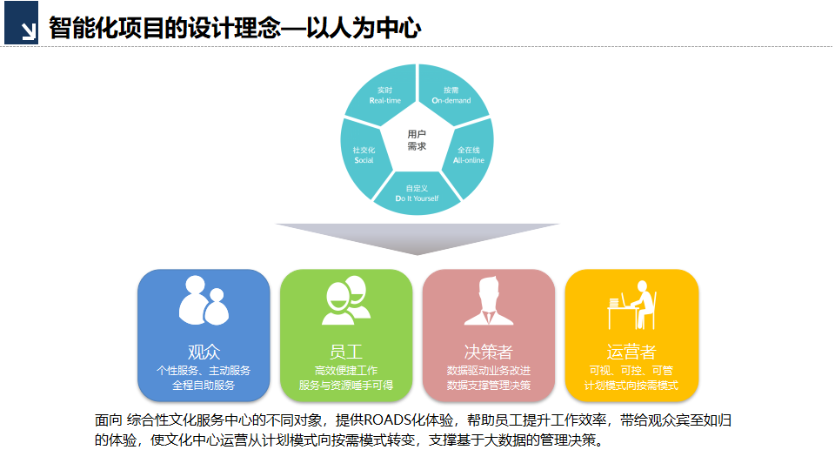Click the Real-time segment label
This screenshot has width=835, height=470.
click(x=384, y=95)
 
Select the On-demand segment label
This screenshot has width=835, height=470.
click(x=451, y=95)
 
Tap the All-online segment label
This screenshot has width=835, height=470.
click(x=469, y=155)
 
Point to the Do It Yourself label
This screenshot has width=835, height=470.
click(x=417, y=193)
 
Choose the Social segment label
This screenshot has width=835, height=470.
click(x=364, y=155)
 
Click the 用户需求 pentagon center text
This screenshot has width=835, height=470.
click(x=417, y=140)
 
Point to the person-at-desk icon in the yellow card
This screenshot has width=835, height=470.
click(x=631, y=304)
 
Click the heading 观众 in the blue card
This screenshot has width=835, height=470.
click(x=204, y=352)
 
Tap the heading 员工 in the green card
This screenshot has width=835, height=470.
click(x=345, y=352)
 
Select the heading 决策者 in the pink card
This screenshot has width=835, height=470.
click(x=488, y=352)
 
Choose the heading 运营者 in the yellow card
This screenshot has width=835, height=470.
click(x=631, y=352)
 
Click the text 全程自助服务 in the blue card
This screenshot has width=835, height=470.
click(x=204, y=385)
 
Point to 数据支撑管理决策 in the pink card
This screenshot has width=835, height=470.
click(x=488, y=385)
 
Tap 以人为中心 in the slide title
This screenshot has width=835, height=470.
click(x=366, y=28)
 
